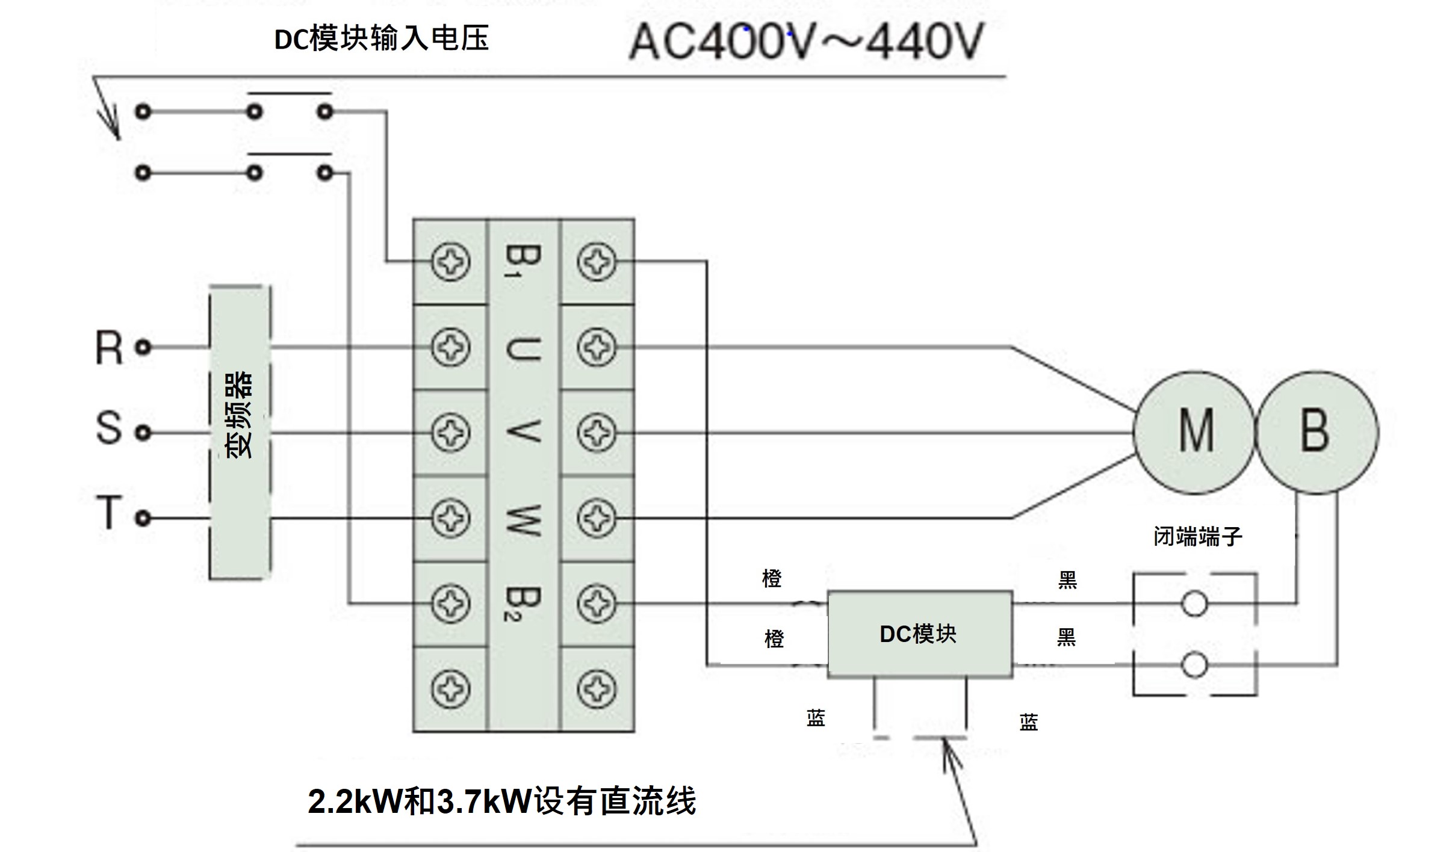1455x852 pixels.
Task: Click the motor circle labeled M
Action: [x=1194, y=432]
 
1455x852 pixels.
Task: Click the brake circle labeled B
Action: [x=1317, y=432]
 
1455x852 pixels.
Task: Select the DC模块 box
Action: [x=919, y=634]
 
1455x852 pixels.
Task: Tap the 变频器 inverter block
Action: [x=240, y=432]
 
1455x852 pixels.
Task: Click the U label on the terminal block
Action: [x=523, y=348]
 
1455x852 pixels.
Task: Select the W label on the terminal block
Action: [x=523, y=519]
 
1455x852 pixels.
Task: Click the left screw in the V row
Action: [x=450, y=433]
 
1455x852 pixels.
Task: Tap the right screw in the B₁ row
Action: [x=596, y=262]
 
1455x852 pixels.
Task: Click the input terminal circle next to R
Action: [x=143, y=347]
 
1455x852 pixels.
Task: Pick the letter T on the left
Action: [x=109, y=513]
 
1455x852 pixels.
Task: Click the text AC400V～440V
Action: [x=805, y=42]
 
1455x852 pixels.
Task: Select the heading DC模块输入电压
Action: [x=381, y=39]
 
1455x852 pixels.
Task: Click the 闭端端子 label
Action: [x=1197, y=536]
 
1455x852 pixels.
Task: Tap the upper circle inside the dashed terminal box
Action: [x=1194, y=603]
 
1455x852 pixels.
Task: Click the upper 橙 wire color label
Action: [x=772, y=578]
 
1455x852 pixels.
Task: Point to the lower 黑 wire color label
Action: [x=1066, y=637]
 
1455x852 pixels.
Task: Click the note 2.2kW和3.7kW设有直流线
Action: [x=501, y=801]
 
